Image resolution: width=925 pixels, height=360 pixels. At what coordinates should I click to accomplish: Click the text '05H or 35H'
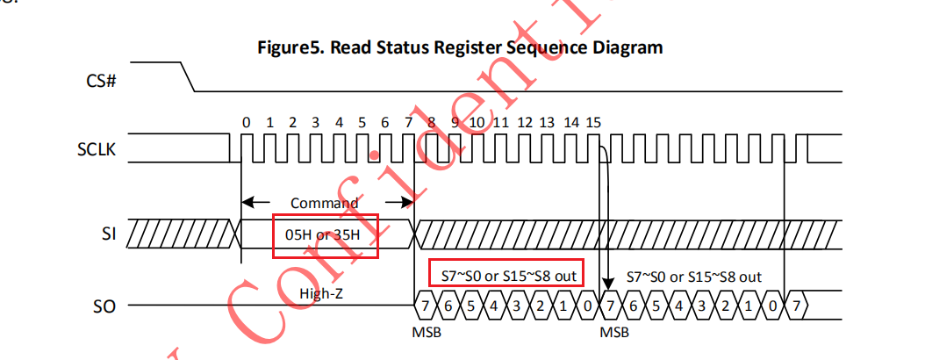click(325, 235)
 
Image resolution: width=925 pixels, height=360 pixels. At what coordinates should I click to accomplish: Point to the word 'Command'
click(325, 203)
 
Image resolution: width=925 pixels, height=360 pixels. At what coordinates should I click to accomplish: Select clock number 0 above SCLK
click(247, 121)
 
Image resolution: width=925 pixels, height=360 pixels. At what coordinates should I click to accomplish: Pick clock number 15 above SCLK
click(594, 121)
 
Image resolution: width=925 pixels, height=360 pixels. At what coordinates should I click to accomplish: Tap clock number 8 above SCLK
click(432, 121)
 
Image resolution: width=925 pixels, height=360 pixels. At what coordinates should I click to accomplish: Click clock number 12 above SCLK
click(524, 121)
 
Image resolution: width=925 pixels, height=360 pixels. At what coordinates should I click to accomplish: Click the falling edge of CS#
click(187, 76)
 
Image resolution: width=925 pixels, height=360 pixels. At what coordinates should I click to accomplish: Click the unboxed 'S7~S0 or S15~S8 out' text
click(693, 276)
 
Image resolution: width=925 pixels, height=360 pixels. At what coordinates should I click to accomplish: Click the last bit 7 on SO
click(795, 306)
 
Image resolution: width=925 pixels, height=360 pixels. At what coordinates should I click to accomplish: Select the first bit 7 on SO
click(426, 306)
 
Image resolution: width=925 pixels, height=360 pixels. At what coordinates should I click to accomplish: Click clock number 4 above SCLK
click(339, 121)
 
